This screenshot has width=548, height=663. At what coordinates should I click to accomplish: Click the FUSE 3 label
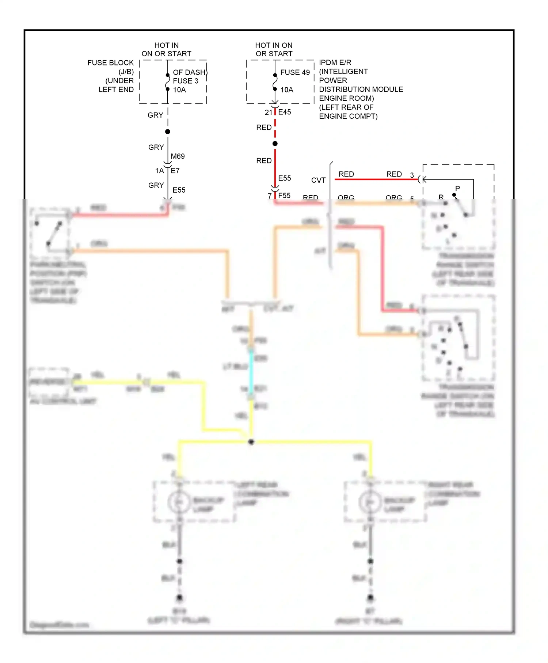click(x=186, y=81)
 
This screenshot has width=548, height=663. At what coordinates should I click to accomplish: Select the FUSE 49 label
click(x=295, y=72)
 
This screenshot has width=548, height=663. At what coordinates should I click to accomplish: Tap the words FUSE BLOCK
click(x=110, y=63)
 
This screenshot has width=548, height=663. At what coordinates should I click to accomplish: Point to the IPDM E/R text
click(x=335, y=62)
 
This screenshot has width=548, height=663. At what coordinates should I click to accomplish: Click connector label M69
click(x=178, y=156)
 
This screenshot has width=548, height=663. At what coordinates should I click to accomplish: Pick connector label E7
click(x=175, y=171)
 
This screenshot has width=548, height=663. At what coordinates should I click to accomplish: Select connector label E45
click(x=285, y=112)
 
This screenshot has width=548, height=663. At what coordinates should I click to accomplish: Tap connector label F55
click(x=284, y=196)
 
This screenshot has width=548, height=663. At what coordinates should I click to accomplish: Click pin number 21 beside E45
click(x=269, y=113)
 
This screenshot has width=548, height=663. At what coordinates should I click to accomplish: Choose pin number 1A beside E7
click(x=160, y=171)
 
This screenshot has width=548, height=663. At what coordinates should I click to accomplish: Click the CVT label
click(x=318, y=180)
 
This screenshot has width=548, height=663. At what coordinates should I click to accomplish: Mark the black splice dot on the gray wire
click(x=168, y=132)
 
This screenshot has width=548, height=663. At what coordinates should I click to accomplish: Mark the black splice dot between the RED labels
click(x=275, y=144)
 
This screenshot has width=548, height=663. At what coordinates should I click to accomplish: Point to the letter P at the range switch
click(x=457, y=189)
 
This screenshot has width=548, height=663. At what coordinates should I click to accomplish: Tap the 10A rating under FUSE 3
click(x=179, y=90)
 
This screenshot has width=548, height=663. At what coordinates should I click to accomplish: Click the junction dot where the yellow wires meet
click(x=251, y=442)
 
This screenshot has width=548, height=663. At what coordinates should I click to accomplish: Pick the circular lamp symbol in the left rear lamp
click(x=179, y=502)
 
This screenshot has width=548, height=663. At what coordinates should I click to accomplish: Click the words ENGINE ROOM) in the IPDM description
click(x=346, y=98)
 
